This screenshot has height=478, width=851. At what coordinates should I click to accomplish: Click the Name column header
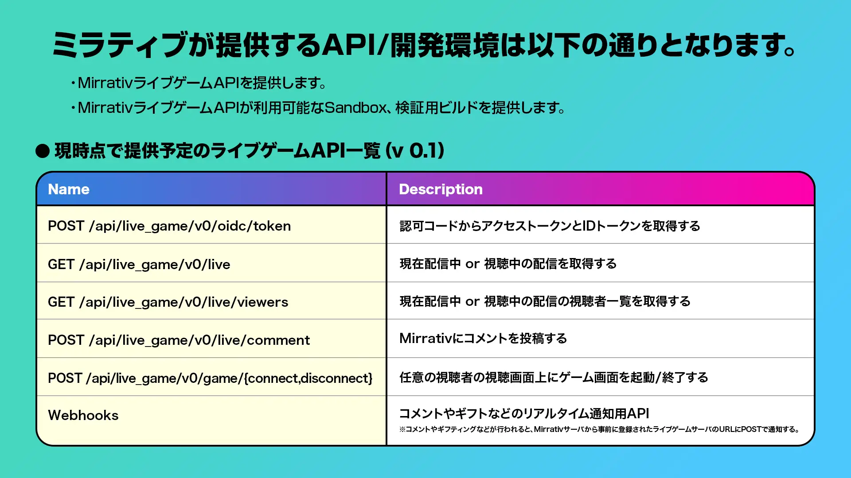(69, 189)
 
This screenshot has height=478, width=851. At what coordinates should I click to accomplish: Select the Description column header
(441, 189)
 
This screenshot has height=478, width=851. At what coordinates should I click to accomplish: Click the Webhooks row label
(83, 415)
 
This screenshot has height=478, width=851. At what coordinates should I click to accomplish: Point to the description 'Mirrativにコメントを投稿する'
(483, 339)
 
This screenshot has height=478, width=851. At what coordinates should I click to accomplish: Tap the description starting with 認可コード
(550, 226)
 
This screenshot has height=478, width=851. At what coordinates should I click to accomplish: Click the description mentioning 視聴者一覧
(545, 301)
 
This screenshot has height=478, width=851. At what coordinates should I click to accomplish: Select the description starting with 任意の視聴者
(554, 377)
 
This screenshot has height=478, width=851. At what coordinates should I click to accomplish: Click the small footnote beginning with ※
(599, 429)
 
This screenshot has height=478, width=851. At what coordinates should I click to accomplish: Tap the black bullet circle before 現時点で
(43, 151)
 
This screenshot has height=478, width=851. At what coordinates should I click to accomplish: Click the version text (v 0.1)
(415, 150)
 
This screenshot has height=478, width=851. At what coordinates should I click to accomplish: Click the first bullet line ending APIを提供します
(199, 83)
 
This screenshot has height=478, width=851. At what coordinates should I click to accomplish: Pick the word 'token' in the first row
(272, 226)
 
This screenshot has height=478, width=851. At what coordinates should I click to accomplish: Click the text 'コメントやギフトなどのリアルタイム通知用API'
(524, 413)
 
